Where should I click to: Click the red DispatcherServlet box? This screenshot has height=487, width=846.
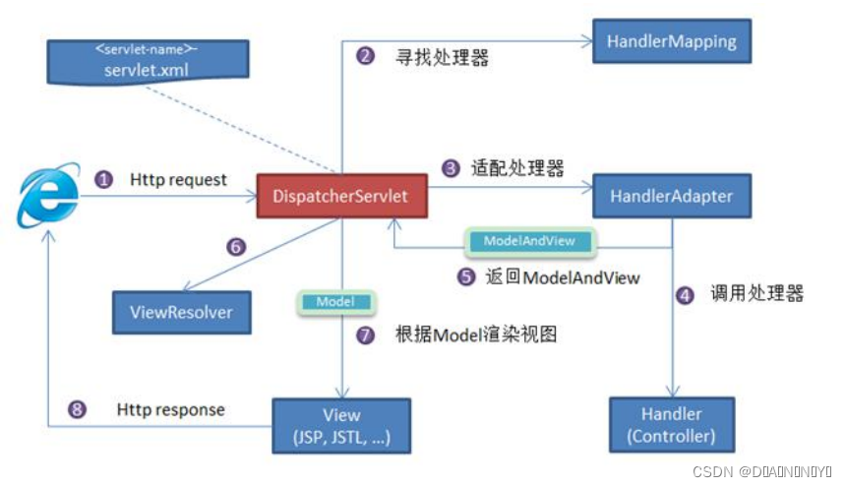[342, 196]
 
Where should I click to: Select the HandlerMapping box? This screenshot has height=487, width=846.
[664, 42]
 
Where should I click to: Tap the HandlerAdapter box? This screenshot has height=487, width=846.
[671, 196]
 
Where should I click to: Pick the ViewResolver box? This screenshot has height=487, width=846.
[181, 312]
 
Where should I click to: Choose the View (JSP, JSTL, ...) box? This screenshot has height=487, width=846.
[341, 425]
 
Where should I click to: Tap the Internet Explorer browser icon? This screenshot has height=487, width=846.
[47, 198]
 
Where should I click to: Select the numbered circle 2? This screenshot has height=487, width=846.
[365, 56]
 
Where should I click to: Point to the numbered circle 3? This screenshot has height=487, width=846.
[451, 168]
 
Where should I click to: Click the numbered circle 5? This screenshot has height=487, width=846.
[466, 277]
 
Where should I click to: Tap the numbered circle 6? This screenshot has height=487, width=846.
[235, 247]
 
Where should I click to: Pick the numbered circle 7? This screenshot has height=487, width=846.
[365, 335]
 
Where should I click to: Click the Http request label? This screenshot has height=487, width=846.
[178, 180]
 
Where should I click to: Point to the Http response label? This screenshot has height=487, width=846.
[170, 409]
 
